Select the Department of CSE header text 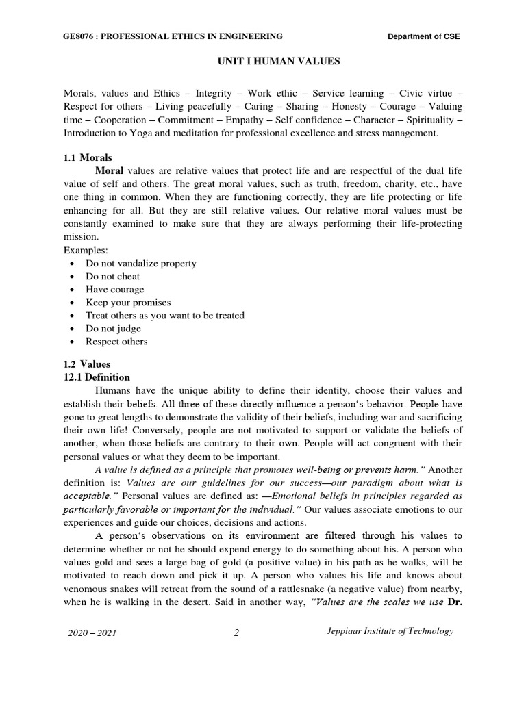(424, 36)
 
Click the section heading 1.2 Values (86, 364)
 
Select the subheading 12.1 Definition (97, 377)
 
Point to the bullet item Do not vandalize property (140, 264)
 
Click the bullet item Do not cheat (112, 277)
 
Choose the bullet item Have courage (114, 290)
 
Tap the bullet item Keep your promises (128, 303)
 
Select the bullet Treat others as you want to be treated (164, 316)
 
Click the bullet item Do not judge (113, 329)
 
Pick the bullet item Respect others (116, 342)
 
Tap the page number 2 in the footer (236, 633)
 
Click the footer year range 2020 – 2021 (92, 633)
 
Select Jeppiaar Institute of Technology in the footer (389, 631)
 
